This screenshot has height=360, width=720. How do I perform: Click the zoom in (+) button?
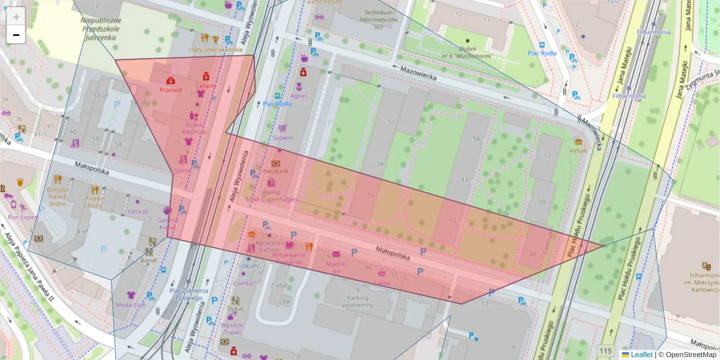point(16,16)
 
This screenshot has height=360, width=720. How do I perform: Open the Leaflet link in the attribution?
point(641,355)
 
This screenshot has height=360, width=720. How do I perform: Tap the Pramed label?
point(170,90)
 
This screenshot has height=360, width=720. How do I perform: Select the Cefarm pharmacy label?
point(206,86)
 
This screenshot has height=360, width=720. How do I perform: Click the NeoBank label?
point(276,171)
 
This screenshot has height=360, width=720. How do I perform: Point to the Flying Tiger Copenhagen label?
point(271,195)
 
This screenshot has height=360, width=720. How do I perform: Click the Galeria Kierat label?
point(167,224)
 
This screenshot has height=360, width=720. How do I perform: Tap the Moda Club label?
point(131,304)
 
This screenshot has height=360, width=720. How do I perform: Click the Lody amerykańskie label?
point(211,50)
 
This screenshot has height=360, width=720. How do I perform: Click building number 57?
point(392,122)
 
